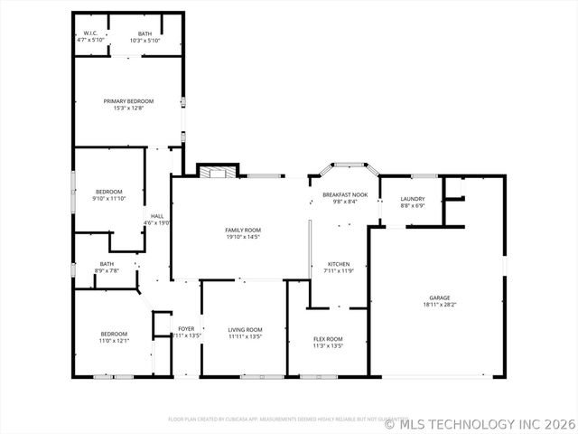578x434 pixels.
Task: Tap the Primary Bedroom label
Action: click(x=128, y=100)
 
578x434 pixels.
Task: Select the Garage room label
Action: click(x=440, y=297)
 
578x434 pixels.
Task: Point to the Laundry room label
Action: click(x=413, y=198)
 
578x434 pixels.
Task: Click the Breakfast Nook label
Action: click(x=345, y=194)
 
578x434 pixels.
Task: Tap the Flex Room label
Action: click(x=328, y=339)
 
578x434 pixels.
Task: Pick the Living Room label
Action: click(x=244, y=329)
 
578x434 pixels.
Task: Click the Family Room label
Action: click(x=243, y=230)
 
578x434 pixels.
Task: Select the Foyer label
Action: click(x=186, y=328)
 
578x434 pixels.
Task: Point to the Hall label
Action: click(x=157, y=216)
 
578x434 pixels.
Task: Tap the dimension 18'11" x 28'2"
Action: click(x=440, y=305)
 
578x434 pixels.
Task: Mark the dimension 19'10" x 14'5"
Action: click(x=243, y=237)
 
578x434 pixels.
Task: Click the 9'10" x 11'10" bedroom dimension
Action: click(x=109, y=198)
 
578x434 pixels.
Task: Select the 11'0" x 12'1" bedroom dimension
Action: click(x=114, y=341)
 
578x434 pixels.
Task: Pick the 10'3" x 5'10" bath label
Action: click(x=144, y=41)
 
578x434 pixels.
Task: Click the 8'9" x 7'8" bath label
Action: click(x=107, y=270)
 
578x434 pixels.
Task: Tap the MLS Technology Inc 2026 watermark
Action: click(x=480, y=422)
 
